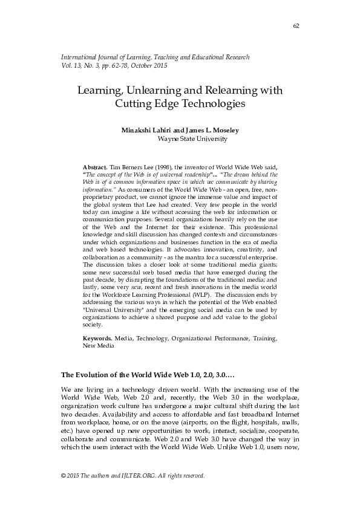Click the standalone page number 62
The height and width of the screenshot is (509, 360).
[x=296, y=25]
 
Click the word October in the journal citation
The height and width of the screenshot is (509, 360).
[x=149, y=65]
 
